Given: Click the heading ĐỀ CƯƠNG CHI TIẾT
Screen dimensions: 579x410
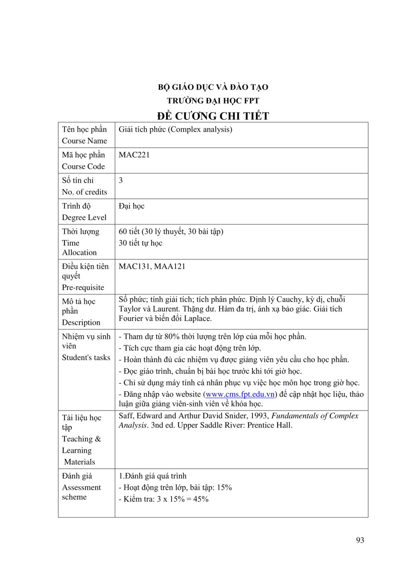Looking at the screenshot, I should click(213, 116).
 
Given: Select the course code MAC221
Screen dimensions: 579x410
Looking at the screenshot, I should click(134, 155).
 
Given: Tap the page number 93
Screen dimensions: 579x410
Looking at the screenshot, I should click(360, 540).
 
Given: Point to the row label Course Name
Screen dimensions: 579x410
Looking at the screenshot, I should click(85, 141).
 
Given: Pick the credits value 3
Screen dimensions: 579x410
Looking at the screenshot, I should click(121, 180).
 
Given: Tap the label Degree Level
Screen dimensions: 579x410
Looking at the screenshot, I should click(84, 218).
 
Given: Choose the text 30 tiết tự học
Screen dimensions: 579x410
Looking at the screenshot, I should click(141, 243).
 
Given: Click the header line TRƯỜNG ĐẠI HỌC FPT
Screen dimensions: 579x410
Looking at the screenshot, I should click(213, 101).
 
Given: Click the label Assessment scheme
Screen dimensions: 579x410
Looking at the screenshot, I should click(81, 492).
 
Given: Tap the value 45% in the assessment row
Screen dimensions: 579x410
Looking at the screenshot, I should click(201, 499).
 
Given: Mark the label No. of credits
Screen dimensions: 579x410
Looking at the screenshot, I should click(85, 192).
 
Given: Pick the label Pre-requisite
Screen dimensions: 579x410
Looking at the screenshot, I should click(83, 288).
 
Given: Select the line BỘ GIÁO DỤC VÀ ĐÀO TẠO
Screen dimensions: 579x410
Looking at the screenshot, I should click(213, 87).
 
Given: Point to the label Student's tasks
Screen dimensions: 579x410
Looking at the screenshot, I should click(86, 358).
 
